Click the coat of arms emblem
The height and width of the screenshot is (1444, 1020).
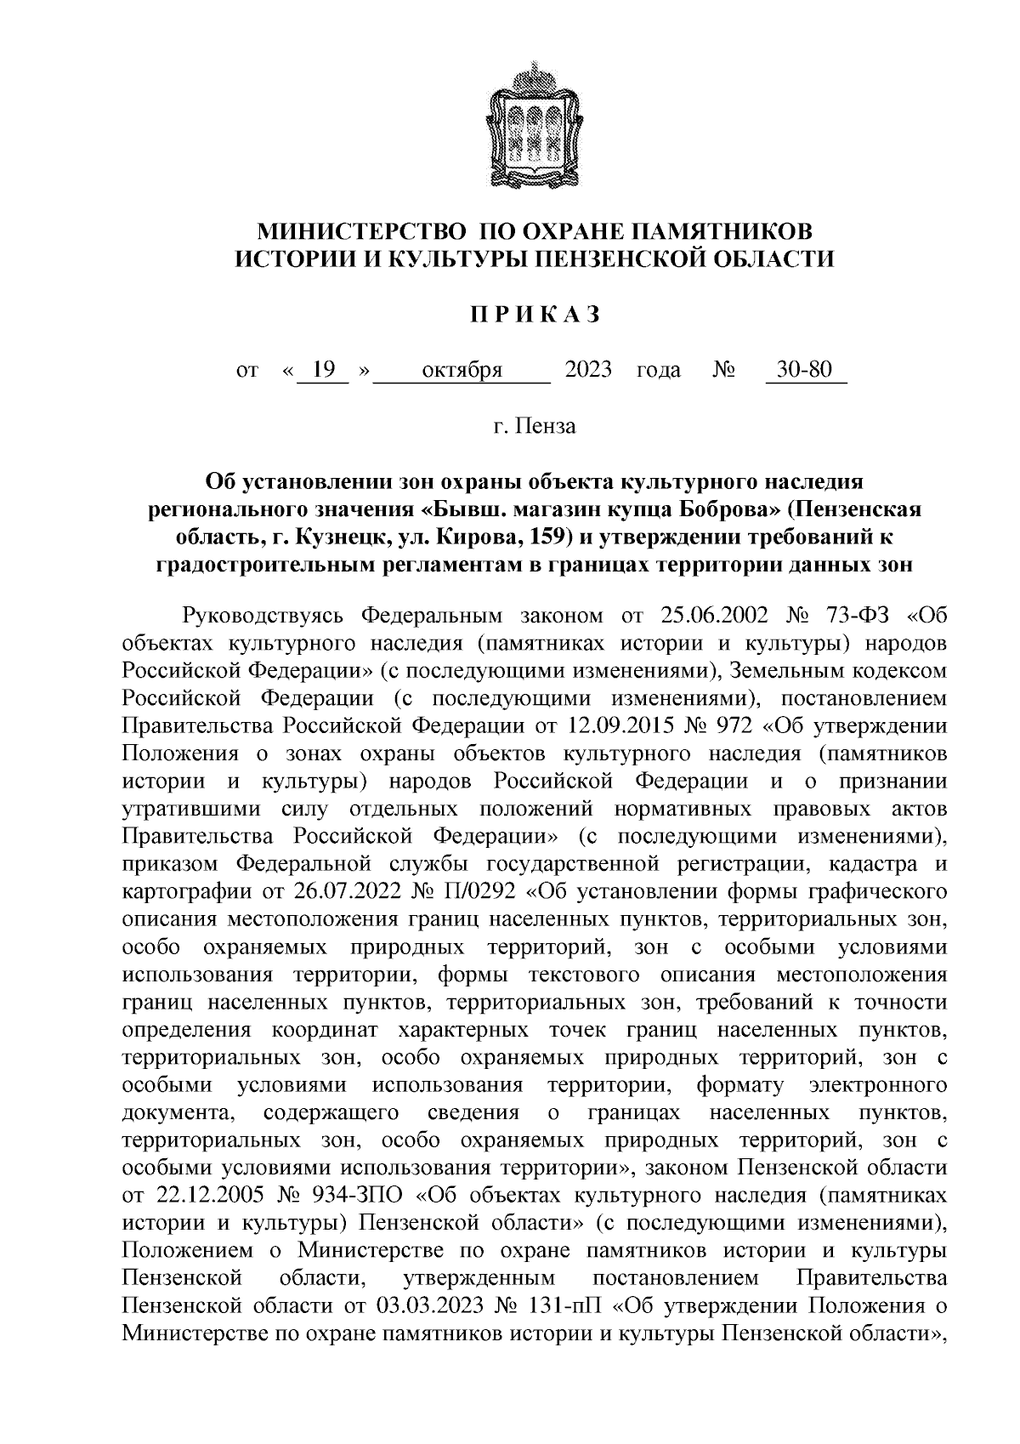(x=535, y=126)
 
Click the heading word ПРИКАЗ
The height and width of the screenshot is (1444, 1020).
(x=535, y=316)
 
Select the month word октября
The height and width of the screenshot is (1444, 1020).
(x=462, y=372)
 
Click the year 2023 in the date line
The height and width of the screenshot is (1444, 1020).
(x=588, y=372)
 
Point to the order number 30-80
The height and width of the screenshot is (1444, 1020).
(x=805, y=372)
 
